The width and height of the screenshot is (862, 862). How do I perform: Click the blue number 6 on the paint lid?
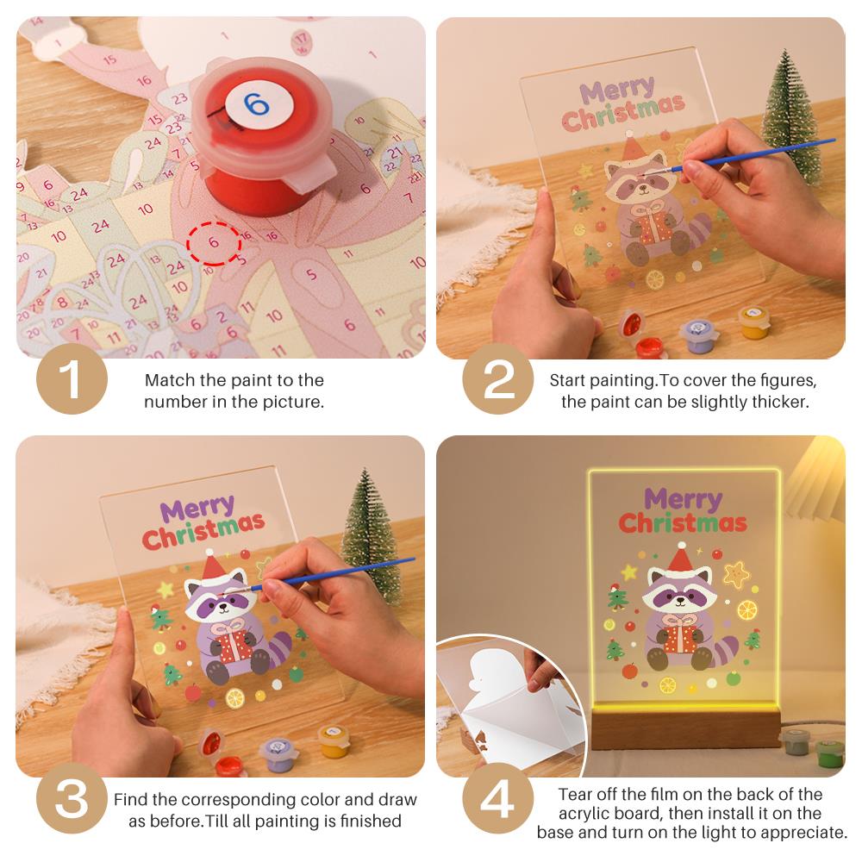point(257,103)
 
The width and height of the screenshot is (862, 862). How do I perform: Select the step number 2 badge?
point(498,379)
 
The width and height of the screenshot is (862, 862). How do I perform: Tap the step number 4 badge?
point(498,798)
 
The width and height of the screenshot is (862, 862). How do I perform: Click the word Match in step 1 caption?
point(169,380)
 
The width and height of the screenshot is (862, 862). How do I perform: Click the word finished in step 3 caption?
point(371,821)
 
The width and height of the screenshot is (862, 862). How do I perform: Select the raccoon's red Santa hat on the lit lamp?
point(681,557)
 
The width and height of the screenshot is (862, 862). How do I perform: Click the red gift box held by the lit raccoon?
point(681,639)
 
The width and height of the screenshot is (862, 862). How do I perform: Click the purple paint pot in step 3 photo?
point(278,754)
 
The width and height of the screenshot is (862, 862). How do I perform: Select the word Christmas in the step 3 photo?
point(203,531)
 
